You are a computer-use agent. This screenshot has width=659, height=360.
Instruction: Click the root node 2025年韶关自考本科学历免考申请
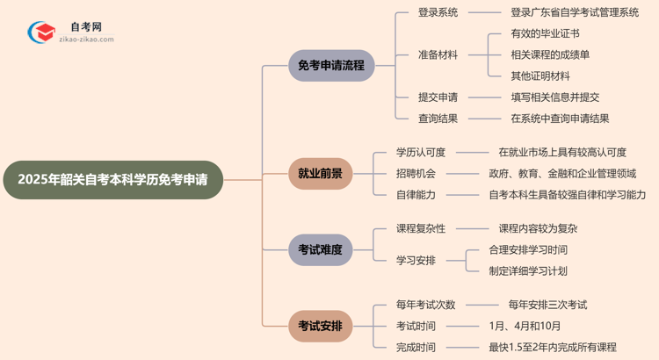point(112,179)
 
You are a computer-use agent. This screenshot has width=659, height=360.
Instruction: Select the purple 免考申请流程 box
point(331,65)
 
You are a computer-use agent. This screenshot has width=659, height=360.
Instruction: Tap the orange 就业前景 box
point(320,174)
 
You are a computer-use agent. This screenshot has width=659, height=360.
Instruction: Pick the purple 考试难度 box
point(320,249)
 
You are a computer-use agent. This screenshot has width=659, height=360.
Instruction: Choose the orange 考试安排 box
point(320,327)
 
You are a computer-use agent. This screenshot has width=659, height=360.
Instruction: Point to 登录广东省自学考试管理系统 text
point(575,12)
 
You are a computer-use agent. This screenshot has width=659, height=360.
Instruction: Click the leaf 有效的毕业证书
point(544,33)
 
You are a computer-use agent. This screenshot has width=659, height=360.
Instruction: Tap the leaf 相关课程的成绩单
point(549,54)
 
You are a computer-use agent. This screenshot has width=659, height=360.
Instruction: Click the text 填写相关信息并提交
point(555,97)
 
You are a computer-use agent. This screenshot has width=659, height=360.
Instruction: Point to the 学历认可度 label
point(421,152)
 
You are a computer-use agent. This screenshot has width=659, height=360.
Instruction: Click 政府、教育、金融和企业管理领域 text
point(562,173)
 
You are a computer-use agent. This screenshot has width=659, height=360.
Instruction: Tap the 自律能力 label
point(416,194)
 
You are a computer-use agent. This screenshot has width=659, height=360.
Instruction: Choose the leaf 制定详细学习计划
point(527,270)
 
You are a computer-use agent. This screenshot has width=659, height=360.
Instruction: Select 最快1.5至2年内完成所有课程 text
point(552,347)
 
